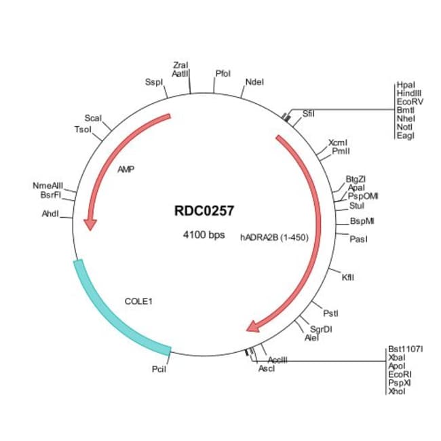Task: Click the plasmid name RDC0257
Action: pos(204,211)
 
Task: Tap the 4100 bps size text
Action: pos(204,235)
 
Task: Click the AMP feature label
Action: pos(126,170)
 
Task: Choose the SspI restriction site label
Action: pos(155,82)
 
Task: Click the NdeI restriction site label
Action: pos(254,82)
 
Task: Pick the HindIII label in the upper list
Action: pos(410,93)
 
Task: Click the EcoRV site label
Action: pos(410,101)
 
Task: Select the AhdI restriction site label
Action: pos(50,214)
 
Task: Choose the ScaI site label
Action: pos(93,118)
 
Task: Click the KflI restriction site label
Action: pos(348,277)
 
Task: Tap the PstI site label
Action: pos(330,313)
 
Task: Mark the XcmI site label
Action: pos(338,142)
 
